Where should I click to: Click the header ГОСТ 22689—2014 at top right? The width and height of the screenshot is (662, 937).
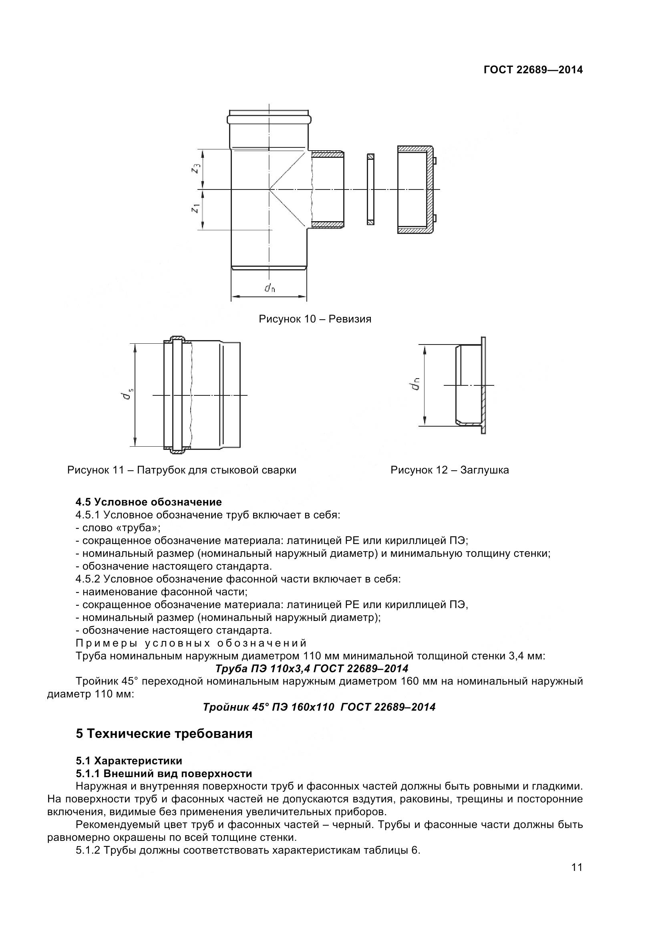[533, 70]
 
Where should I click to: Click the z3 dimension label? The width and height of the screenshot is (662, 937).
[197, 168]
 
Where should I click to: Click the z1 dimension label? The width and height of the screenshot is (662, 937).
[196, 208]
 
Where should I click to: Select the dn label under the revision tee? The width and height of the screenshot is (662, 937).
[269, 288]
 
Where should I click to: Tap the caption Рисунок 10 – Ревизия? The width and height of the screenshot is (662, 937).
[315, 319]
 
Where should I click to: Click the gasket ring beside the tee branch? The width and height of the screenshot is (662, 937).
[370, 189]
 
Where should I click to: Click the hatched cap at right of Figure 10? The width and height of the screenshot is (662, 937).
[416, 189]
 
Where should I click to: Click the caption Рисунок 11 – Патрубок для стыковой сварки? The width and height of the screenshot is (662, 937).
[181, 470]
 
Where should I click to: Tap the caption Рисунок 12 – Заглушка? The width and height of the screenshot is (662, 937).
[449, 470]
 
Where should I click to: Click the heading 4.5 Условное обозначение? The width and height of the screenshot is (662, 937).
[149, 502]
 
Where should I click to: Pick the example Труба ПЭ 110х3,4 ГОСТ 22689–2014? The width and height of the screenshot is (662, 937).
[312, 669]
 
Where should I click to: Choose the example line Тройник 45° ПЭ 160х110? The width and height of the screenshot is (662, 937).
[319, 707]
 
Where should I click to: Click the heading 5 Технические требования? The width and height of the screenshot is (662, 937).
[164, 733]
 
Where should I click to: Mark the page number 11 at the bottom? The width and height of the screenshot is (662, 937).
[577, 879]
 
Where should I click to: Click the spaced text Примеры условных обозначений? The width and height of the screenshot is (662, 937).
[191, 644]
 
